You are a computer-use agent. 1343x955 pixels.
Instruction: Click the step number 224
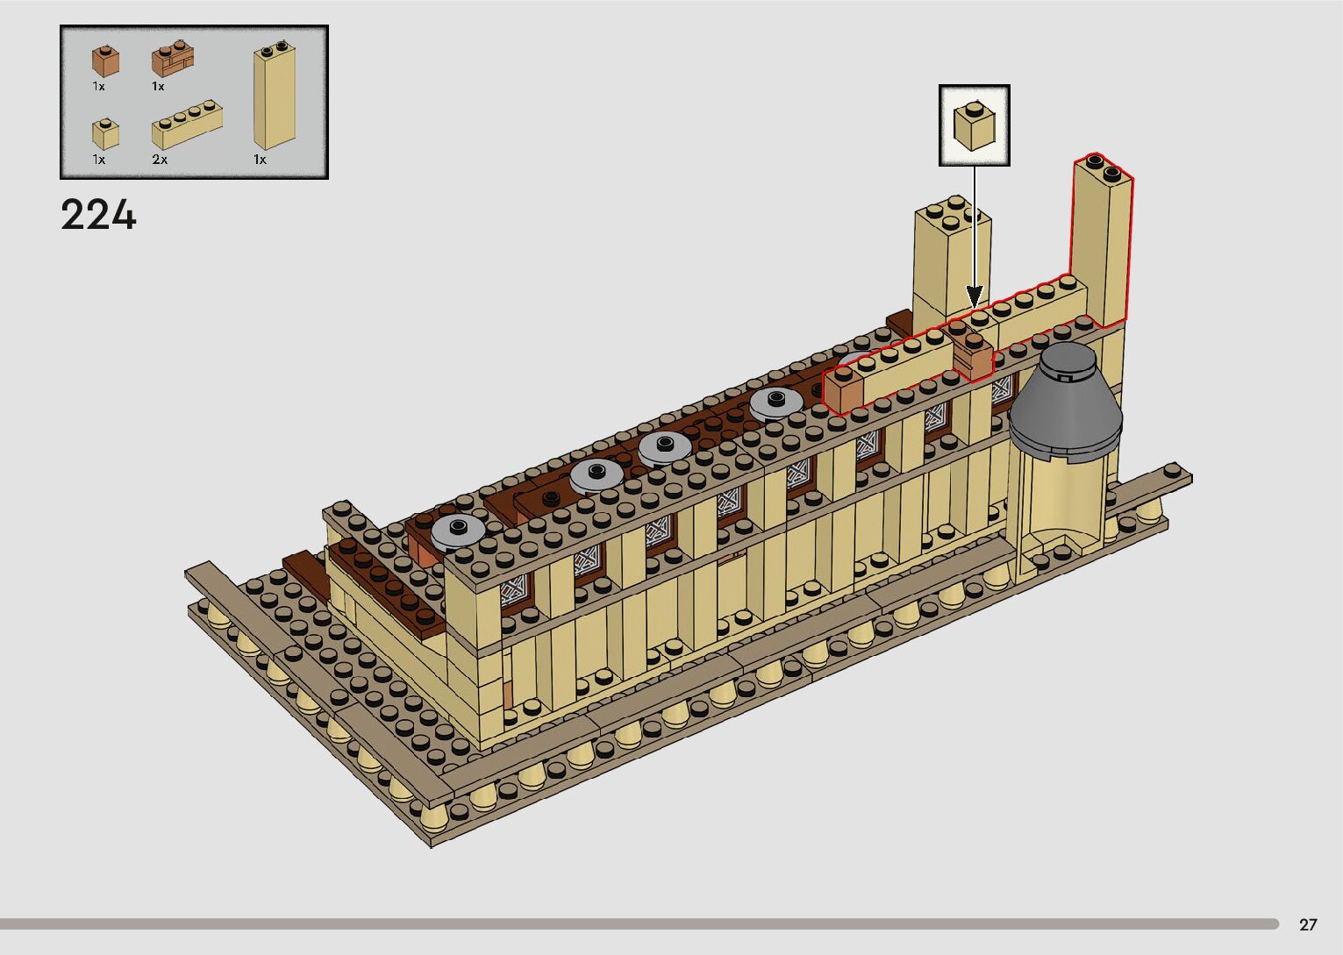click(x=98, y=214)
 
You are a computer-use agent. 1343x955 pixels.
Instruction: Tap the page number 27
click(x=1308, y=924)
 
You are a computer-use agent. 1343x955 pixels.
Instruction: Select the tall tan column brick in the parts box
click(x=275, y=95)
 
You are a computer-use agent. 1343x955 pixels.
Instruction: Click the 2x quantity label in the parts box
click(x=160, y=160)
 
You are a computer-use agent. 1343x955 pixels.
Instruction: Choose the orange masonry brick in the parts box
click(x=173, y=59)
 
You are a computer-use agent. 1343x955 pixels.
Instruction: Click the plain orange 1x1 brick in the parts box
click(x=105, y=61)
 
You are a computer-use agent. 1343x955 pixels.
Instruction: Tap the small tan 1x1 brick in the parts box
click(x=105, y=133)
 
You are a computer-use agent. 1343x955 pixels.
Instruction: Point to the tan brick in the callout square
click(x=975, y=126)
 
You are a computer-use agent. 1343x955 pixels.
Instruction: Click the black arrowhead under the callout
click(x=975, y=297)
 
